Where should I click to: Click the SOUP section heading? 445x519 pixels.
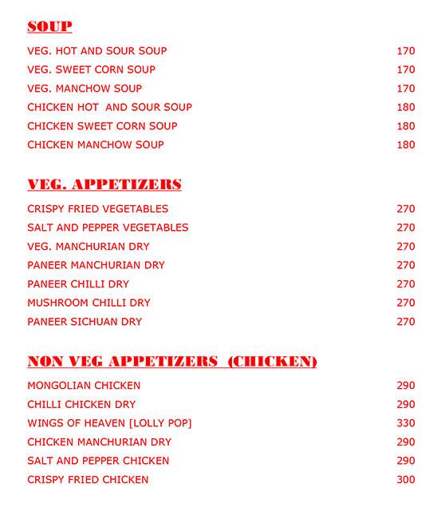(49, 27)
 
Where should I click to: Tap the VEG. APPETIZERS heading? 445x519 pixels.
(104, 185)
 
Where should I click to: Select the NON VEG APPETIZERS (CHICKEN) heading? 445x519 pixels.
(172, 362)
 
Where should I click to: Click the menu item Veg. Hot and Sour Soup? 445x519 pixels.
(96, 51)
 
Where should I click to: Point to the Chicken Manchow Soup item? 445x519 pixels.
(96, 145)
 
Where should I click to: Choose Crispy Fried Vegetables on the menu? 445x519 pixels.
(97, 209)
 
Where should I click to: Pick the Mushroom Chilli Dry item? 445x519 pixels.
(89, 303)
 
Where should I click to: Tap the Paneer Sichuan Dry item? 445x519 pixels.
(85, 322)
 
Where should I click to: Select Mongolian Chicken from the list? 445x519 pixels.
(84, 386)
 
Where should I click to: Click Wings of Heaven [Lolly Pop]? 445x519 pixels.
(109, 423)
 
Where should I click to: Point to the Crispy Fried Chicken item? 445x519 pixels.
(88, 480)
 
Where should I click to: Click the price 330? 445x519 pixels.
(406, 423)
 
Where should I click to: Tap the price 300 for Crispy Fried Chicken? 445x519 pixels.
(406, 480)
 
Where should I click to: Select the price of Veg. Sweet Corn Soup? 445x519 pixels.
(406, 69)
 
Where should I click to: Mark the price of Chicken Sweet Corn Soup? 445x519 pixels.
(406, 126)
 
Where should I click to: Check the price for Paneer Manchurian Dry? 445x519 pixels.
(406, 265)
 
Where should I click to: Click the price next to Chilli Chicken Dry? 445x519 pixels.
(406, 405)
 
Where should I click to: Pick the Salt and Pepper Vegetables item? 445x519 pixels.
(108, 228)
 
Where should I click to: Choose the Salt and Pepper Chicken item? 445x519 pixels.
(98, 461)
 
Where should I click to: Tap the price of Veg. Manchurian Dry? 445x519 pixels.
(406, 247)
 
